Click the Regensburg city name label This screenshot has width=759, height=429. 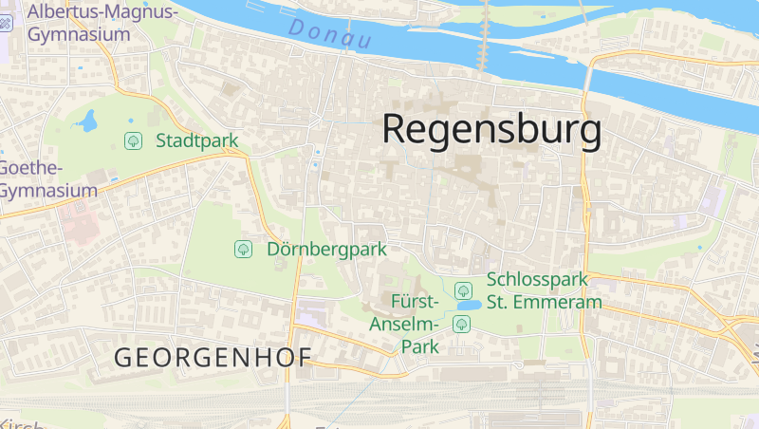pyautogui.click(x=491, y=130)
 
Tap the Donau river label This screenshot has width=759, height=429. pyautogui.click(x=329, y=36)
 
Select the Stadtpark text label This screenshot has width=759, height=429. pyautogui.click(x=197, y=141)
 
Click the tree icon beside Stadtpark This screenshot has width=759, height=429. pyautogui.click(x=134, y=141)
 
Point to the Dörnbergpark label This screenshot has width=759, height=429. pyautogui.click(x=326, y=250)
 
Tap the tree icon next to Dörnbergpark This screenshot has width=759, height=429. pyautogui.click(x=243, y=250)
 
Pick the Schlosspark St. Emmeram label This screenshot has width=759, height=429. pyautogui.click(x=545, y=290)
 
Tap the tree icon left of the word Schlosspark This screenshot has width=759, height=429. pyautogui.click(x=463, y=290)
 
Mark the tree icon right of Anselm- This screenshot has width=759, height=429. pyautogui.click(x=462, y=325)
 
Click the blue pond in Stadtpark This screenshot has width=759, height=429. pyautogui.click(x=88, y=121)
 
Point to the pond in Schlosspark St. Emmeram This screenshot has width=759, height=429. pyautogui.click(x=468, y=306)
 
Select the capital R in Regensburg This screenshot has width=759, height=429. pyautogui.click(x=398, y=130)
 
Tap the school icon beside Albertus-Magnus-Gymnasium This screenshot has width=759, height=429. pyautogui.click(x=6, y=22)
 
